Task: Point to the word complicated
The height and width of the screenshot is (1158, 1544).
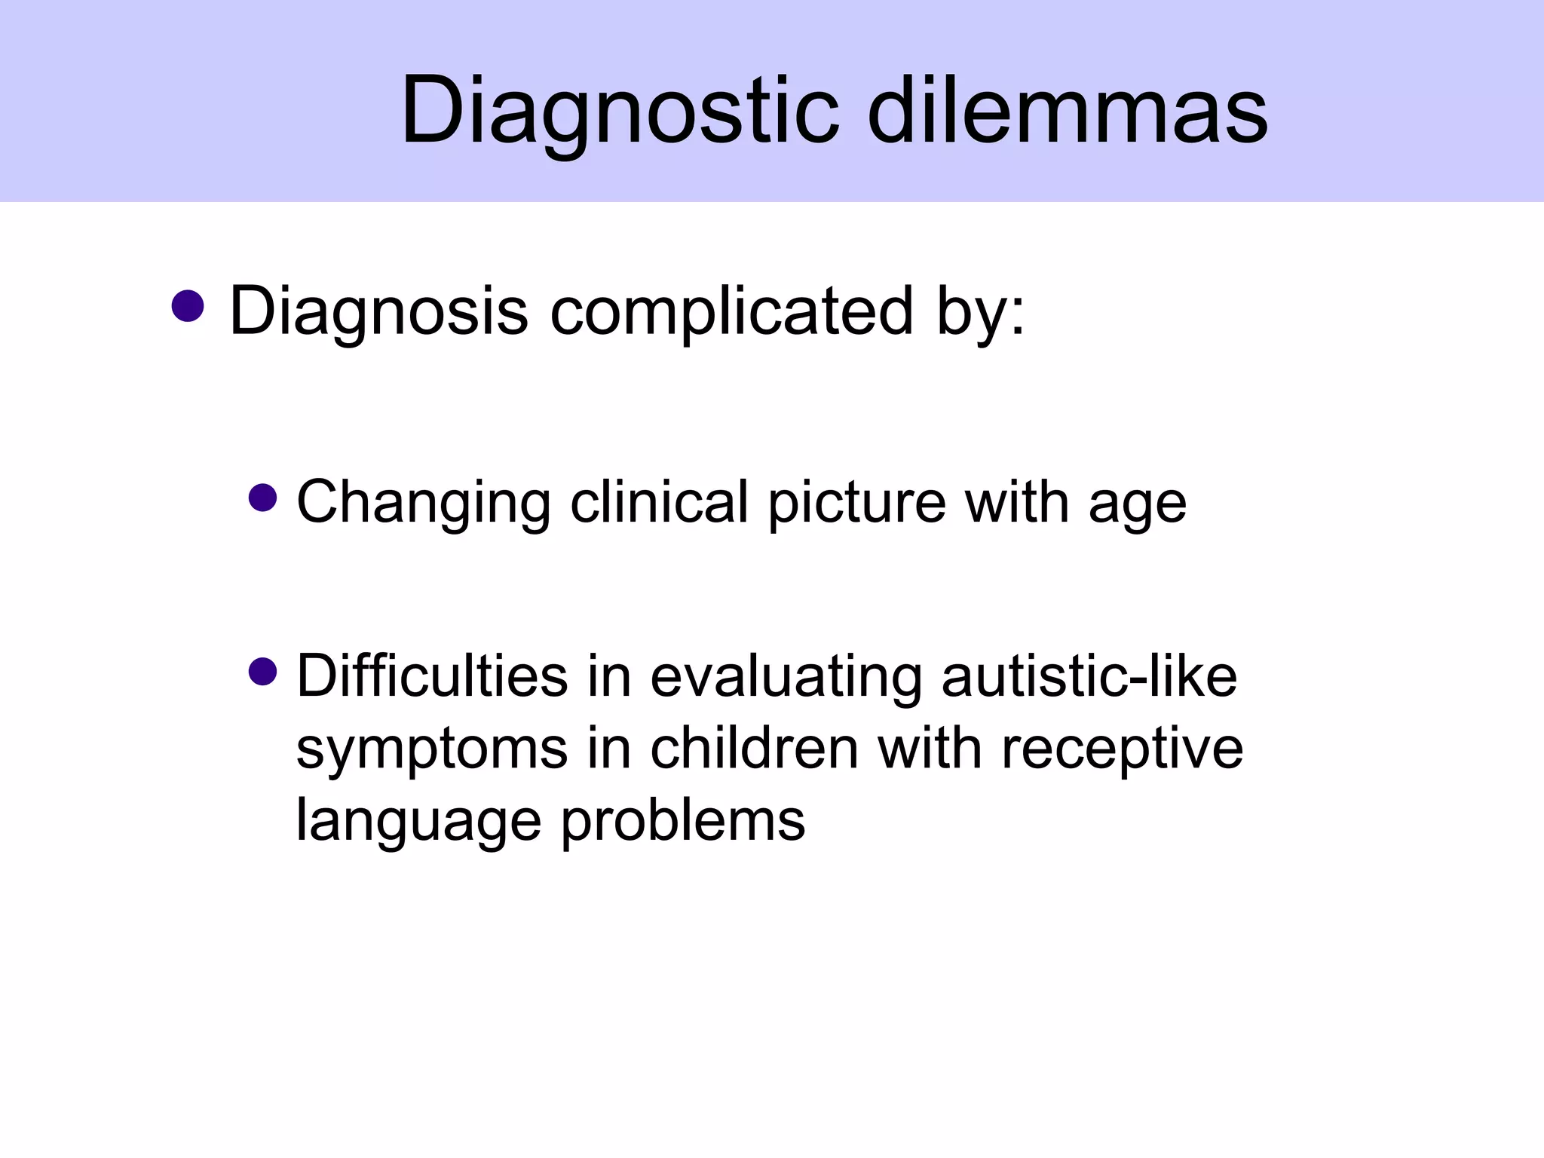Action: coord(731,311)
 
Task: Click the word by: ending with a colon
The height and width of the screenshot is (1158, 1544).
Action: coord(980,311)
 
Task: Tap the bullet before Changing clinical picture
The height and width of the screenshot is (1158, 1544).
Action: coord(262,498)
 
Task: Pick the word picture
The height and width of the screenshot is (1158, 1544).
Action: coord(856,504)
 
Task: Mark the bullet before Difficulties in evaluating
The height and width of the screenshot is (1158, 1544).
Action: coord(262,671)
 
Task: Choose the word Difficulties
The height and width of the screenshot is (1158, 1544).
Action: coord(432,675)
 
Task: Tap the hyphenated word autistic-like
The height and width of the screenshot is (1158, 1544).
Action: coord(1089,675)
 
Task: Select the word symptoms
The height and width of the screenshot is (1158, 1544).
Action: coord(432,750)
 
